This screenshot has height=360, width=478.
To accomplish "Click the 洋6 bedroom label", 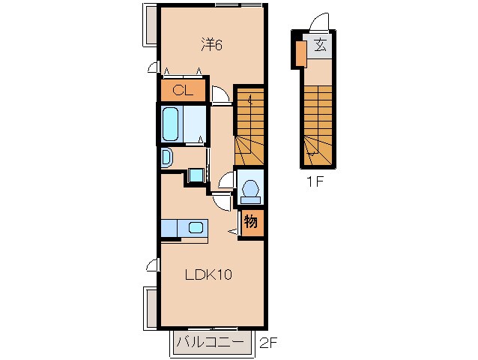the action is click(211, 45).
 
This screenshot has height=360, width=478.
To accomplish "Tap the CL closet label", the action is click(183, 90).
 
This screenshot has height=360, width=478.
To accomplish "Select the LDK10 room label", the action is click(208, 275).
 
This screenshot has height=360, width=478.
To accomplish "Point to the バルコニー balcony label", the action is click(211, 342).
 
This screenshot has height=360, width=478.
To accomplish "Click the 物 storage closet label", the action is click(250, 221).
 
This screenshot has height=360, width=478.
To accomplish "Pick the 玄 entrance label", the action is click(320, 45).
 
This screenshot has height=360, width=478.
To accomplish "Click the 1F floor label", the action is click(315, 182).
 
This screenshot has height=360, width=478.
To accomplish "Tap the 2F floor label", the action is click(268, 343).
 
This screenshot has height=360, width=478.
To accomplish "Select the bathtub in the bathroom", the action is click(170, 124).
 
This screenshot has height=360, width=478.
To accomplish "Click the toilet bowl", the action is click(250, 188).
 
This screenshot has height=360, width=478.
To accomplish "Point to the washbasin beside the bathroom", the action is click(166, 157).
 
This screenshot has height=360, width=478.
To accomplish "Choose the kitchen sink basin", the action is click(196, 227).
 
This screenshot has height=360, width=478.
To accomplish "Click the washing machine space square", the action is click(196, 175).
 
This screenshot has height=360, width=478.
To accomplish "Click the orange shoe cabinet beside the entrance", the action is click(301, 53).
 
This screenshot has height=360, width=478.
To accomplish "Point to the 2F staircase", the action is click(249, 127).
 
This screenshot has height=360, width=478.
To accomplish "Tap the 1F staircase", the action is click(318, 126).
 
